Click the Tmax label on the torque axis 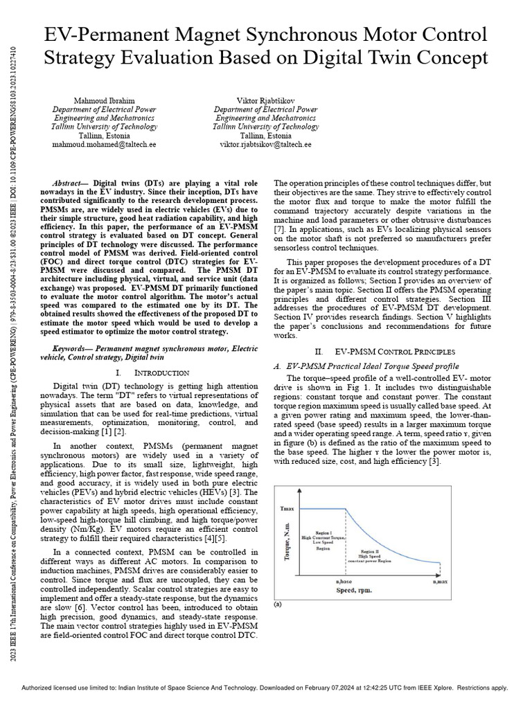287,509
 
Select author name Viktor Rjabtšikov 265,100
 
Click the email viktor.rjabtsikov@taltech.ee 265,145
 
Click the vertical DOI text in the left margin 14,104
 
